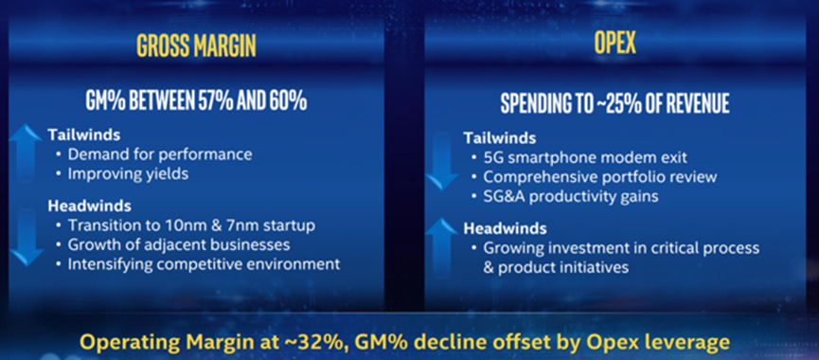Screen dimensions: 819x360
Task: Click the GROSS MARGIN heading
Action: pos(197,46)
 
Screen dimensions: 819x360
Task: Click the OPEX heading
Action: pos(615,44)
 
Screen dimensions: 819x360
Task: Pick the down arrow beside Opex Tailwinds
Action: pos(442,161)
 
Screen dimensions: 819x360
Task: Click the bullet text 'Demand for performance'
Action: pos(160,154)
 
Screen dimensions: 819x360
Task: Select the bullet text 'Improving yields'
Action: pos(128,174)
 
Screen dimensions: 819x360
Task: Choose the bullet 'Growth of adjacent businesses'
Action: pos(179,244)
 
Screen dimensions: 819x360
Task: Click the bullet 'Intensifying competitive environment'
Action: pos(204,264)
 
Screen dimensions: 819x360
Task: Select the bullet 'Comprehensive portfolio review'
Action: pos(600,177)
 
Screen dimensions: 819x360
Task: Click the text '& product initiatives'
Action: pos(556,267)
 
